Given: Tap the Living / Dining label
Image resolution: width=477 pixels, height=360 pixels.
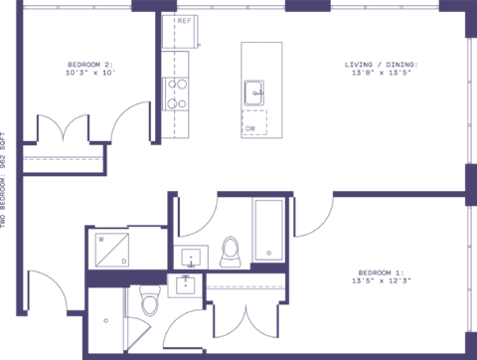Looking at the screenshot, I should point(382,64).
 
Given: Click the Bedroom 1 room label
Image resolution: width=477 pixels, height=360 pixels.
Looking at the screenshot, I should point(382,270).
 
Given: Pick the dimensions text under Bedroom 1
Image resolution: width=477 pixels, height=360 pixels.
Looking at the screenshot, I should point(382,281).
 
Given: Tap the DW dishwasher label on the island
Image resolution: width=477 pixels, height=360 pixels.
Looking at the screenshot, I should point(249,128).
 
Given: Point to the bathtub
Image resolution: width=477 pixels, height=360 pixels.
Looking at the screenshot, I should point(268,231).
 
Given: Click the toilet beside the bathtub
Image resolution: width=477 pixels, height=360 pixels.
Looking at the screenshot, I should point(231,251).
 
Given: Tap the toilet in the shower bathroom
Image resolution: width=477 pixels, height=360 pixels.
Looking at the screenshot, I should point(150,299).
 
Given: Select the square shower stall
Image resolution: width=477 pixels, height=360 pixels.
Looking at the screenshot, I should point(111,249).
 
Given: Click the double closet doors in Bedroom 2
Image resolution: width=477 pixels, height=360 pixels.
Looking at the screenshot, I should point(64,133).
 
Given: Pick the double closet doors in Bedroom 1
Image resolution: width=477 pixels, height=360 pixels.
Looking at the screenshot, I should point(244,318).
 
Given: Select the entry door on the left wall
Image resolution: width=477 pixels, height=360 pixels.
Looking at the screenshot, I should point(45,291).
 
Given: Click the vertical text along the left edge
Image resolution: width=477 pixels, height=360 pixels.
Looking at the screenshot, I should point(5,179).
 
